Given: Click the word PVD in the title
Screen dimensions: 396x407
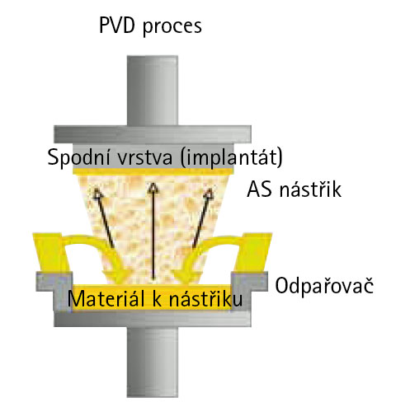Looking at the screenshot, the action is (x=117, y=26).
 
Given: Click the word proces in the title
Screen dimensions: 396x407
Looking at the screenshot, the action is (x=172, y=27).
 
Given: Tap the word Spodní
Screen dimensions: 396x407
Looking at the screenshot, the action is (x=78, y=157).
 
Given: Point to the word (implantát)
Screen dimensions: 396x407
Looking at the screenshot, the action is (x=232, y=157).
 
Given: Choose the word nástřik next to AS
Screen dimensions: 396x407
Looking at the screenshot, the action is (x=310, y=189).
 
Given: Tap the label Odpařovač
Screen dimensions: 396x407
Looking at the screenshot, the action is (x=324, y=286).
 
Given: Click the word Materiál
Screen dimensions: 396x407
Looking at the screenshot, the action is (x=106, y=298).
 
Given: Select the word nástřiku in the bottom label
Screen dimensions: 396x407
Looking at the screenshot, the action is (x=205, y=298).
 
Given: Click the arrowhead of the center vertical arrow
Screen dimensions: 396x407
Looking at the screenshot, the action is (x=153, y=187).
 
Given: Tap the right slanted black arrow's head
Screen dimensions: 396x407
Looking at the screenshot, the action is (x=209, y=194).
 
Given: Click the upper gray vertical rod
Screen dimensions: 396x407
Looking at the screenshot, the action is (x=153, y=91).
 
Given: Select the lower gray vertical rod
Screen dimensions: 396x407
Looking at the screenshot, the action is (x=153, y=362).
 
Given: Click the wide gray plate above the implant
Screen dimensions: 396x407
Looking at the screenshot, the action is (x=153, y=134).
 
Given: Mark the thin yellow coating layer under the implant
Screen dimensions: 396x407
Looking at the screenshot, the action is (x=153, y=171).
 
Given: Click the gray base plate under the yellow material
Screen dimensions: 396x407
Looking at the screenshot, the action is (x=153, y=319).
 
